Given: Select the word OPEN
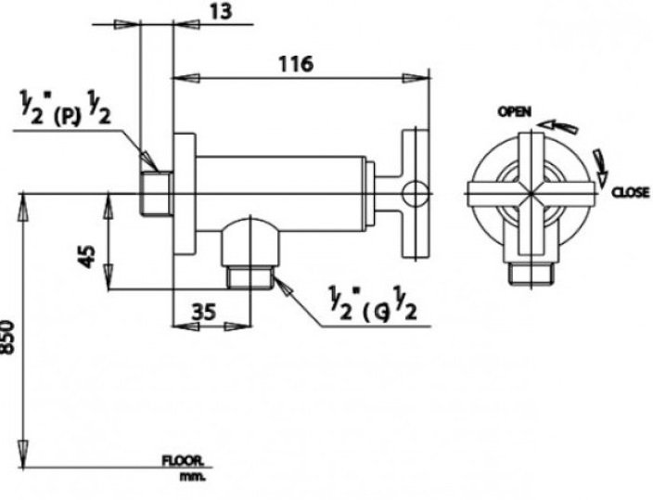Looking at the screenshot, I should click(515, 111).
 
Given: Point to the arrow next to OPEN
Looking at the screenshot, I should click(556, 122).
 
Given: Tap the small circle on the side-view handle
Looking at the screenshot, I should click(416, 193).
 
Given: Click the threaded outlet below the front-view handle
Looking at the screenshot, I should click(531, 271).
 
